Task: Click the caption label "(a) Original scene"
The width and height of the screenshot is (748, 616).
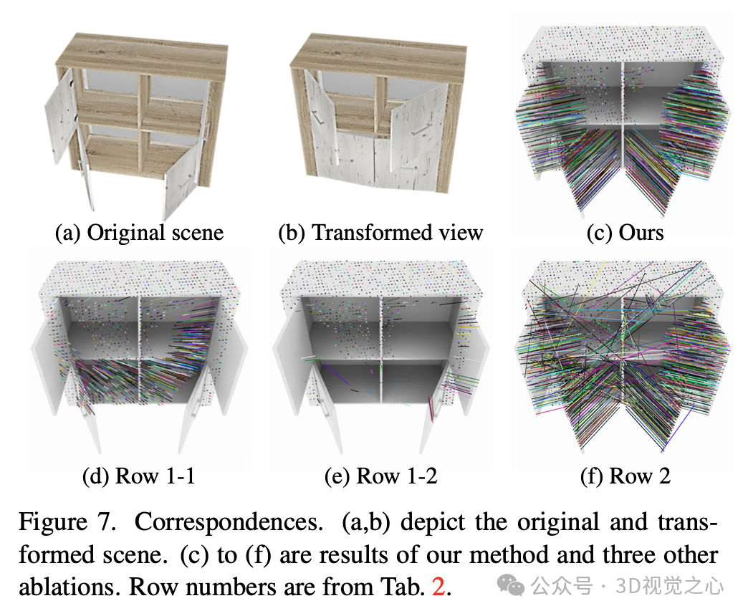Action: (x=140, y=233)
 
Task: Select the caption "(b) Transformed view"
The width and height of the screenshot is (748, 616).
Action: (x=380, y=233)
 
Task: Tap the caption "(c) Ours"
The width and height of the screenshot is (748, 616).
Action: (x=625, y=233)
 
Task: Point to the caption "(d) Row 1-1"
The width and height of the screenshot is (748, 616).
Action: (x=140, y=476)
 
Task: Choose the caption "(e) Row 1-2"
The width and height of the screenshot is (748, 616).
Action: (x=380, y=476)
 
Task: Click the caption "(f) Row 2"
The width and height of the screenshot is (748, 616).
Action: (x=625, y=476)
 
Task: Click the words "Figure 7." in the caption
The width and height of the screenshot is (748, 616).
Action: (x=67, y=522)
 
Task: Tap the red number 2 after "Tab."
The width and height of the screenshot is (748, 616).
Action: (x=438, y=587)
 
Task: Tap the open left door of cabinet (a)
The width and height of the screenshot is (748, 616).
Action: (x=60, y=115)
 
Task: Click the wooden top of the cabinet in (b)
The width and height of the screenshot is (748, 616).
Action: (x=380, y=50)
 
